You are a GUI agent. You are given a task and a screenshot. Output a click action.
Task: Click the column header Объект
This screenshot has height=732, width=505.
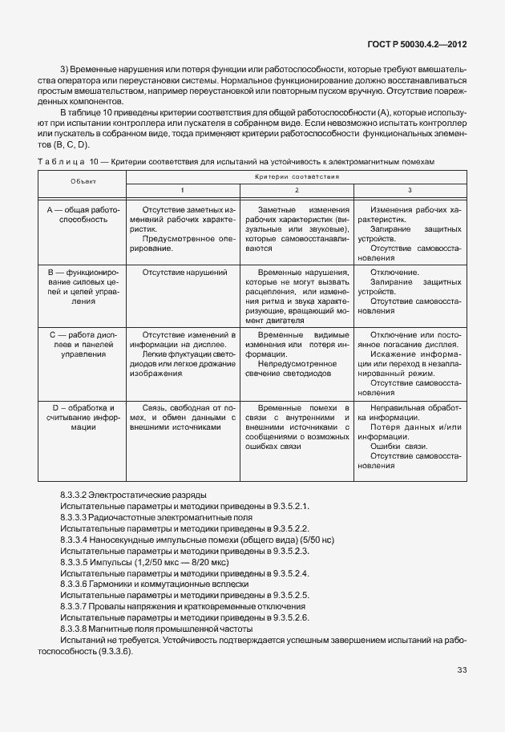click(83, 182)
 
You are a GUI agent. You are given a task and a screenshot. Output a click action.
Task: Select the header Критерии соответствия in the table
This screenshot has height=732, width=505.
click(297, 176)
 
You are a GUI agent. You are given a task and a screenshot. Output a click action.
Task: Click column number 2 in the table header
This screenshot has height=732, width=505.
click(297, 189)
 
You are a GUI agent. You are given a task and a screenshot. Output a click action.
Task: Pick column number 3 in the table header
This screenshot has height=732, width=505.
click(410, 189)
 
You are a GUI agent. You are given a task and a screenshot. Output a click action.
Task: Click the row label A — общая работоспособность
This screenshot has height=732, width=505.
click(83, 213)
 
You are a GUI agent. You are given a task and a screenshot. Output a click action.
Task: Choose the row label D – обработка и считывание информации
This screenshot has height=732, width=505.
click(83, 417)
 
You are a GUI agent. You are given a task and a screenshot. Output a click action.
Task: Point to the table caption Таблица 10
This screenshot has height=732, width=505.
click(67, 162)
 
